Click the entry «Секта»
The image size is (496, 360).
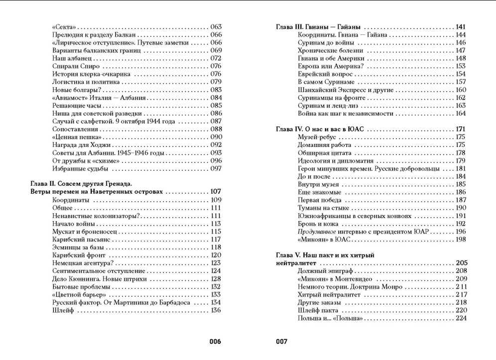(63, 27)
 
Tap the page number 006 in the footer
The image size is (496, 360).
(214, 342)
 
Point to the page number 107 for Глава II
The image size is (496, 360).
(215, 192)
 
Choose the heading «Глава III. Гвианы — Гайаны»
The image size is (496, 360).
(318, 27)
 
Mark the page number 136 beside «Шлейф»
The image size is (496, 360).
(215, 311)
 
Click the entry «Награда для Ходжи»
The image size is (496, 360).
(80, 145)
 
